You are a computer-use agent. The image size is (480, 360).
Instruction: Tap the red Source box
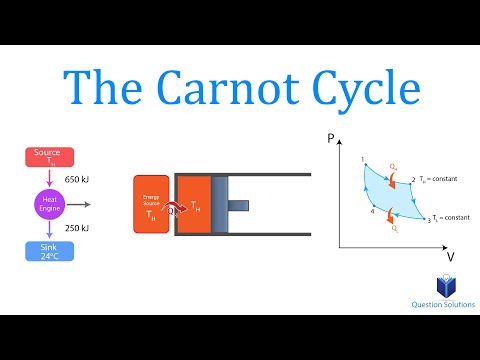(x=47, y=157)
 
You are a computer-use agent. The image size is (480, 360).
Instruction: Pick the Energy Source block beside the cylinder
(x=151, y=205)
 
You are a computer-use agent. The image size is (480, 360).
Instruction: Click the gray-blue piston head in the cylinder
(x=219, y=205)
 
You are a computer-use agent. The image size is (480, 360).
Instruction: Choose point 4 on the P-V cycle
(x=373, y=211)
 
